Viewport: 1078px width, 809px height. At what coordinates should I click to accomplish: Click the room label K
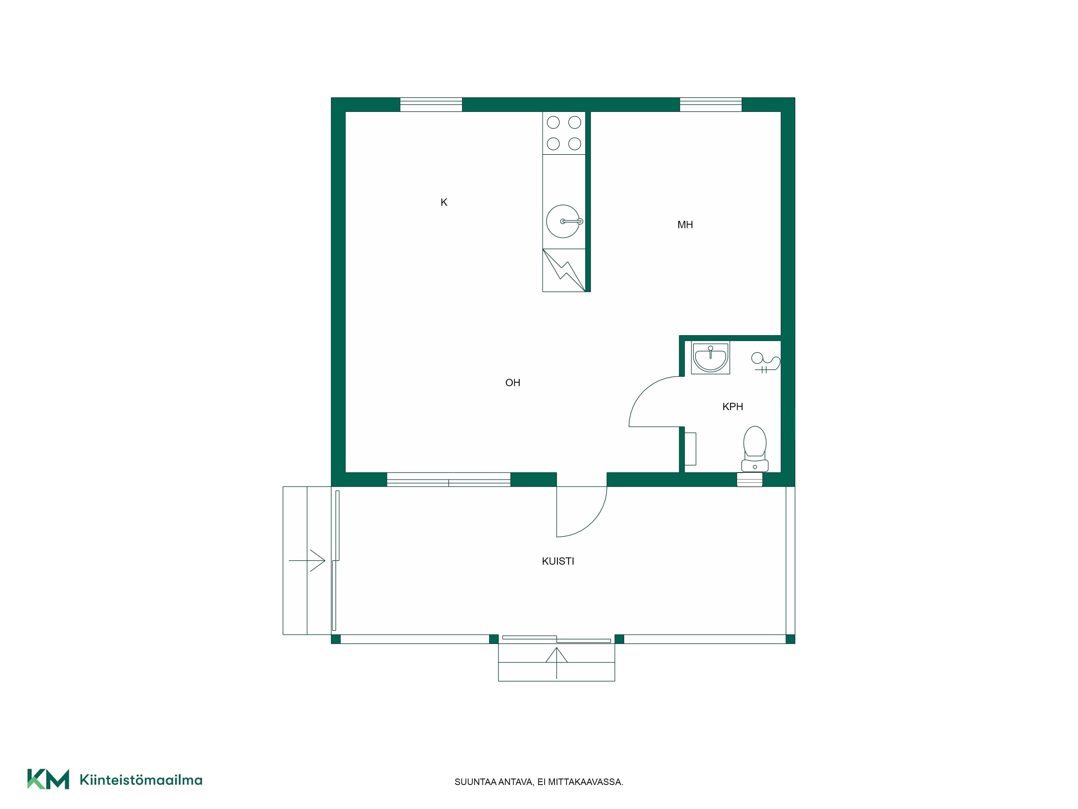pos(444,202)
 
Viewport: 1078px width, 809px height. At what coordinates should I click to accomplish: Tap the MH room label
pos(685,225)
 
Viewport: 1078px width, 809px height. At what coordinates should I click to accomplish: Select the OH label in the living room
pos(513,383)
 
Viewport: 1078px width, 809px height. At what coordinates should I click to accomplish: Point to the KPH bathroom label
pos(733,407)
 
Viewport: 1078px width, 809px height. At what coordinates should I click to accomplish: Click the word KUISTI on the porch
pos(558,561)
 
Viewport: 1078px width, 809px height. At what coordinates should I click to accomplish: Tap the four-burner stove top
pos(564,133)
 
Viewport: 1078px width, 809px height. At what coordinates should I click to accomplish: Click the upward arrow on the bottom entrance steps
pos(557,663)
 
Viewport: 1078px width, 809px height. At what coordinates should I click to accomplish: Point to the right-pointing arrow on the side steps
pos(307,561)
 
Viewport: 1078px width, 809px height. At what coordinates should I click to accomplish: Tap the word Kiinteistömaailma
pos(141,780)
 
